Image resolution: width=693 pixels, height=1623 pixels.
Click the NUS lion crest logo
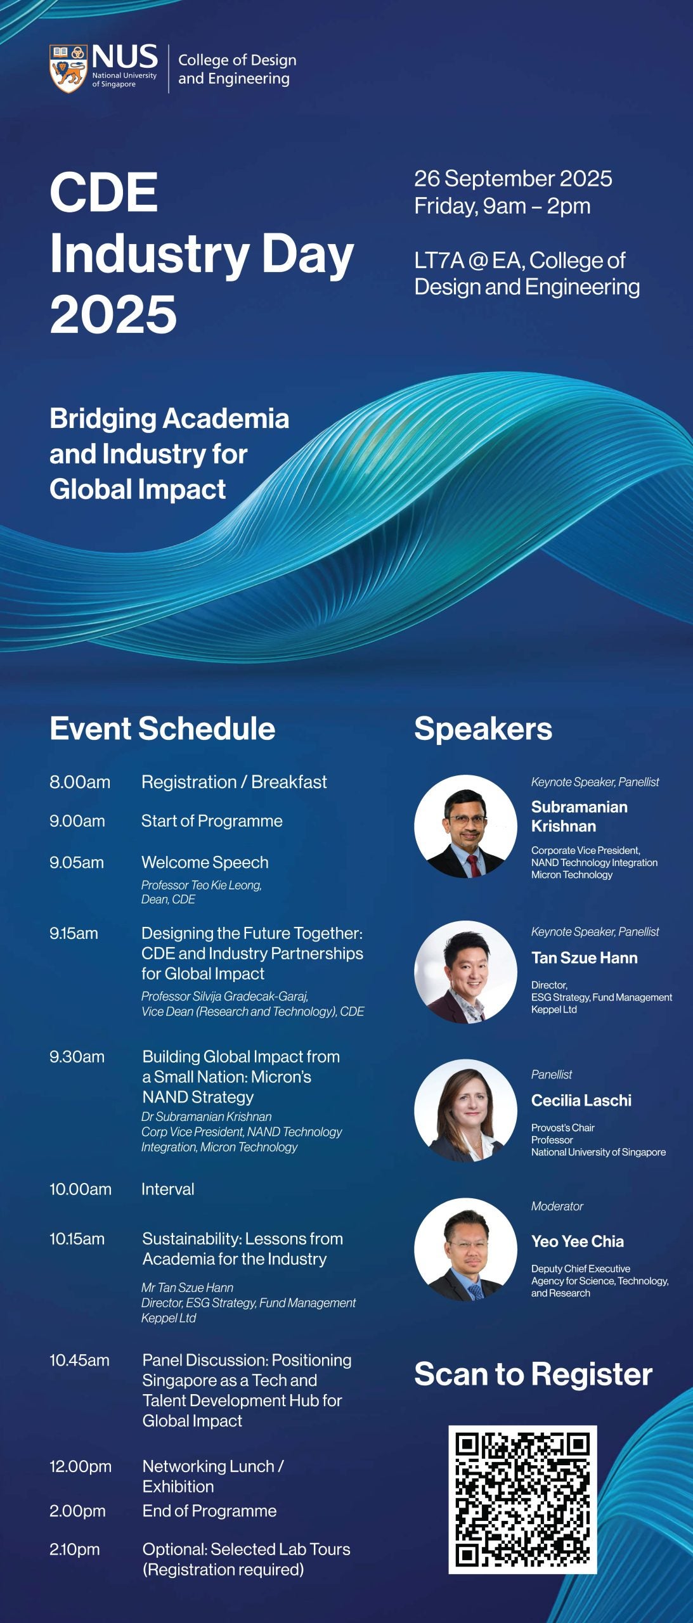[68, 68]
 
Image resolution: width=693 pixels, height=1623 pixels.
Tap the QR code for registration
[522, 1499]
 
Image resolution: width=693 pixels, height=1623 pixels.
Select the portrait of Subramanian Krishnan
[466, 826]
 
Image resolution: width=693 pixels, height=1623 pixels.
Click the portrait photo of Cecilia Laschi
[466, 1110]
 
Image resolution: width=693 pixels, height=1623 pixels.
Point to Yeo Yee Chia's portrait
[466, 1249]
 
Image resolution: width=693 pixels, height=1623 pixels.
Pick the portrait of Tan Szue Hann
[466, 972]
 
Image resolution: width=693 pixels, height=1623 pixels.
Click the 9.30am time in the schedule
[77, 1057]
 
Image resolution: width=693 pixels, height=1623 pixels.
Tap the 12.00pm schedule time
[81, 1466]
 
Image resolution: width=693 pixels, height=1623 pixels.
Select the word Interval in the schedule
[167, 1189]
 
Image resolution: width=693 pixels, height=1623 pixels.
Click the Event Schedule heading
[162, 728]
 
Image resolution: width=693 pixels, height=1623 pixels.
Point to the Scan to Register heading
[533, 1374]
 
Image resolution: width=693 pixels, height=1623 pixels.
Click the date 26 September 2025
[513, 178]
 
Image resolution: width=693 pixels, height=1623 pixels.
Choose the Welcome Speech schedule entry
[205, 862]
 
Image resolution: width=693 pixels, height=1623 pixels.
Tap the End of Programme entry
[209, 1511]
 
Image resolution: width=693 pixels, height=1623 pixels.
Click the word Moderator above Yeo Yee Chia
[557, 1206]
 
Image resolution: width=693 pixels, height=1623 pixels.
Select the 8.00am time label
[80, 782]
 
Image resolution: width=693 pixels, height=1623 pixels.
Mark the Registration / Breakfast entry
[234, 782]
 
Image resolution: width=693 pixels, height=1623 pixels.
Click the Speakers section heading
[483, 729]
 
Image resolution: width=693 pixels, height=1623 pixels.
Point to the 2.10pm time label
[75, 1549]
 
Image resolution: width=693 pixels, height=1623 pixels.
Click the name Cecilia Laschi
[581, 1100]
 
